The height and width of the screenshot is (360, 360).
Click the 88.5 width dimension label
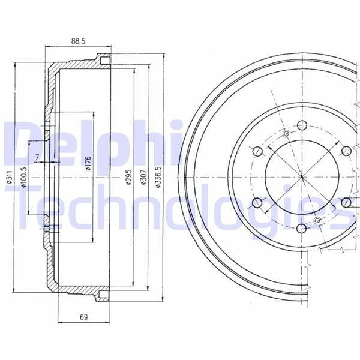(78, 41)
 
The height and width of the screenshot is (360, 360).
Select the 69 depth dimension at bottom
(83, 317)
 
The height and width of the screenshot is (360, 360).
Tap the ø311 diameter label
(9, 177)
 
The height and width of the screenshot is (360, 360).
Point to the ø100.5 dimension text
(24, 177)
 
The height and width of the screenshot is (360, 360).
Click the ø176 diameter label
(88, 163)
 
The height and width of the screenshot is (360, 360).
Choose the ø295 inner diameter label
(128, 177)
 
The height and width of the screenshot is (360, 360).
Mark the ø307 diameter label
(143, 177)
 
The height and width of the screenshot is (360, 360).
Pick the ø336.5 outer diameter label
(158, 177)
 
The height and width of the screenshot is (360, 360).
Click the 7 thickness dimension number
(37, 157)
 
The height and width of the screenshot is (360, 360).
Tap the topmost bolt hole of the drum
(302, 125)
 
